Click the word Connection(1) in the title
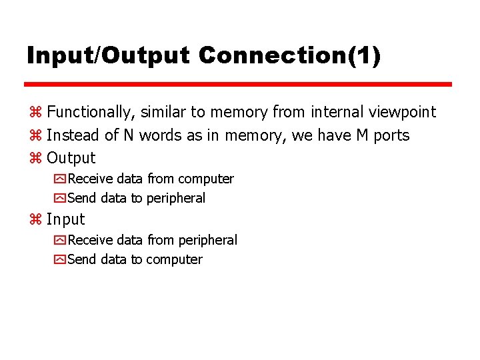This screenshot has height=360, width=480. [x=290, y=55]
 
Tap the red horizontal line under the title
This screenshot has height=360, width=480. [x=238, y=85]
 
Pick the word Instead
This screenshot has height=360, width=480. [x=73, y=135]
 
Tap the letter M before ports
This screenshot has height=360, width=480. [x=362, y=135]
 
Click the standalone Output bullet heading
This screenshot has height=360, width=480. [x=71, y=159]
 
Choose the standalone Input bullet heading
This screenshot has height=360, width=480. [x=66, y=219]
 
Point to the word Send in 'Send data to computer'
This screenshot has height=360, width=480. [x=82, y=259]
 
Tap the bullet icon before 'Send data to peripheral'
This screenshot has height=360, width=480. [x=59, y=199]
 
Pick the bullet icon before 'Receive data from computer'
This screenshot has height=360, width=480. [x=59, y=179]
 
